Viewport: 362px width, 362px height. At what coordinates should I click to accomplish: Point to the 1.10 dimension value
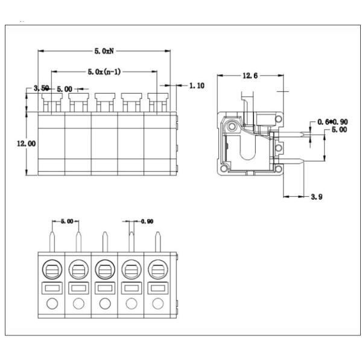click(x=197, y=86)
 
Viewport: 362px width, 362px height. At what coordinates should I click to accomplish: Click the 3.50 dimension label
click(x=41, y=89)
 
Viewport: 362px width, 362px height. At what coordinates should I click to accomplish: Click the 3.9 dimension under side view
click(x=316, y=197)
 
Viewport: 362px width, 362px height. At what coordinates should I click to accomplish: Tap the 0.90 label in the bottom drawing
click(x=147, y=221)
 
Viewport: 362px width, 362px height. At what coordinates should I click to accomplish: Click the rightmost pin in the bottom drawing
click(x=158, y=241)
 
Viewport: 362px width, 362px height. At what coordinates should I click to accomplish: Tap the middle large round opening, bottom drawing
click(x=105, y=268)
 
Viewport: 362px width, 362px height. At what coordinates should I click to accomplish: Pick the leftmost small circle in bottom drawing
click(x=52, y=303)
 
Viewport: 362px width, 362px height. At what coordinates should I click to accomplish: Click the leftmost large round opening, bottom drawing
click(x=52, y=268)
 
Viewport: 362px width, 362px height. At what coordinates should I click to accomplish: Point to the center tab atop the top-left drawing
click(x=104, y=97)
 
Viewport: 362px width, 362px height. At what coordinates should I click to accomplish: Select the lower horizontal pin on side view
click(x=296, y=160)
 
